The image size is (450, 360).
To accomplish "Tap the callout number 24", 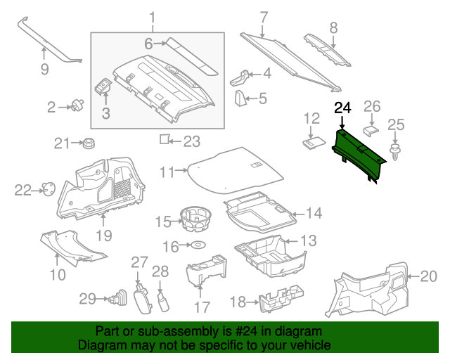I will [342, 108].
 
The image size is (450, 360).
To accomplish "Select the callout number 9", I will [44, 69].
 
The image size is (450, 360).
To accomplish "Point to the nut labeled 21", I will [89, 144].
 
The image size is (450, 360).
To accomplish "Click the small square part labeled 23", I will [164, 140].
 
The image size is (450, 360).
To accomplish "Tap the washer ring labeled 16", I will [199, 245].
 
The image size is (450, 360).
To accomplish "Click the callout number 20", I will [428, 276].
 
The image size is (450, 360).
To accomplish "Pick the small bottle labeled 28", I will [164, 302].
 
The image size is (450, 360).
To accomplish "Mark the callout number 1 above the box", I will [153, 17].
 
